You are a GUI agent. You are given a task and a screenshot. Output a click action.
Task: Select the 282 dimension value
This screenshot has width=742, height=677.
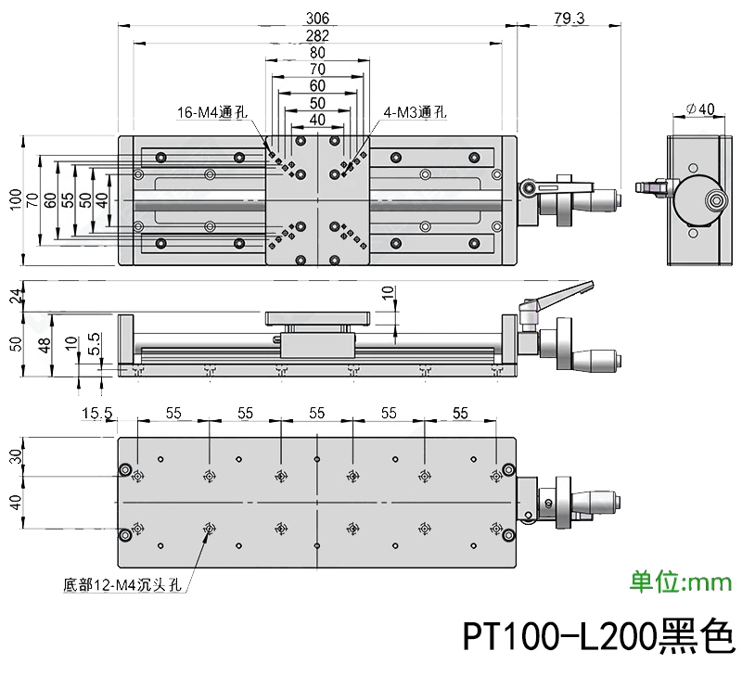click(317, 35)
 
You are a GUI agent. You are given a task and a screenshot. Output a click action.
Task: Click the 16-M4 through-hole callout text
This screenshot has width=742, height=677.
click(213, 113)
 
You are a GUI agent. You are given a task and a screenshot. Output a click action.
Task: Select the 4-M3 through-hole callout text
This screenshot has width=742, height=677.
click(414, 113)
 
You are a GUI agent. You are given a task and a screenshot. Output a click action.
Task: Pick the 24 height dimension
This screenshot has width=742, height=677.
click(14, 295)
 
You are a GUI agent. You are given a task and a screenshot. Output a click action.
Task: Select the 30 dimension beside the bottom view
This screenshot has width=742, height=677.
click(14, 457)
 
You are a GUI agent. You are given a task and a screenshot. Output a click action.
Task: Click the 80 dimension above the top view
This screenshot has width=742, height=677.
click(317, 52)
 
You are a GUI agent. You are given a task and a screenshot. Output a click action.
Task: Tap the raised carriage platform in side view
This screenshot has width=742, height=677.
click(317, 318)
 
